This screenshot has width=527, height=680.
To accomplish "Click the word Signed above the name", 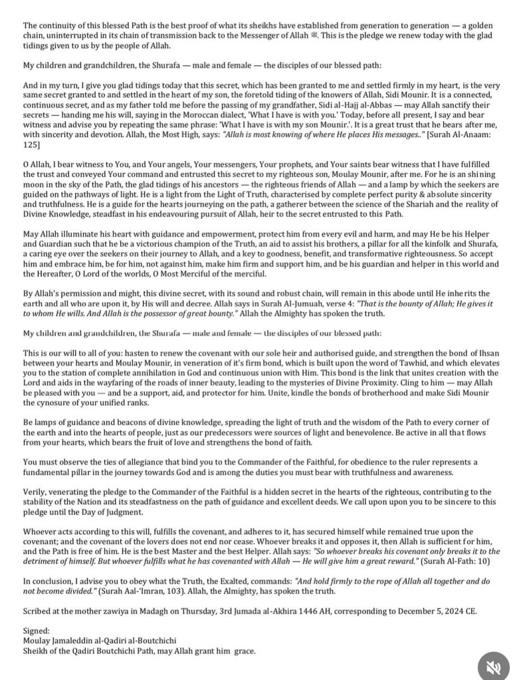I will (x=36, y=631).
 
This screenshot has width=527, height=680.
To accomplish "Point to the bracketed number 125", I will (x=31, y=144).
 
